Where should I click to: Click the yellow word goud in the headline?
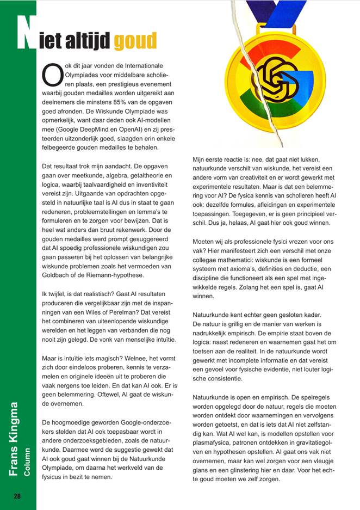tap(135, 39)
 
